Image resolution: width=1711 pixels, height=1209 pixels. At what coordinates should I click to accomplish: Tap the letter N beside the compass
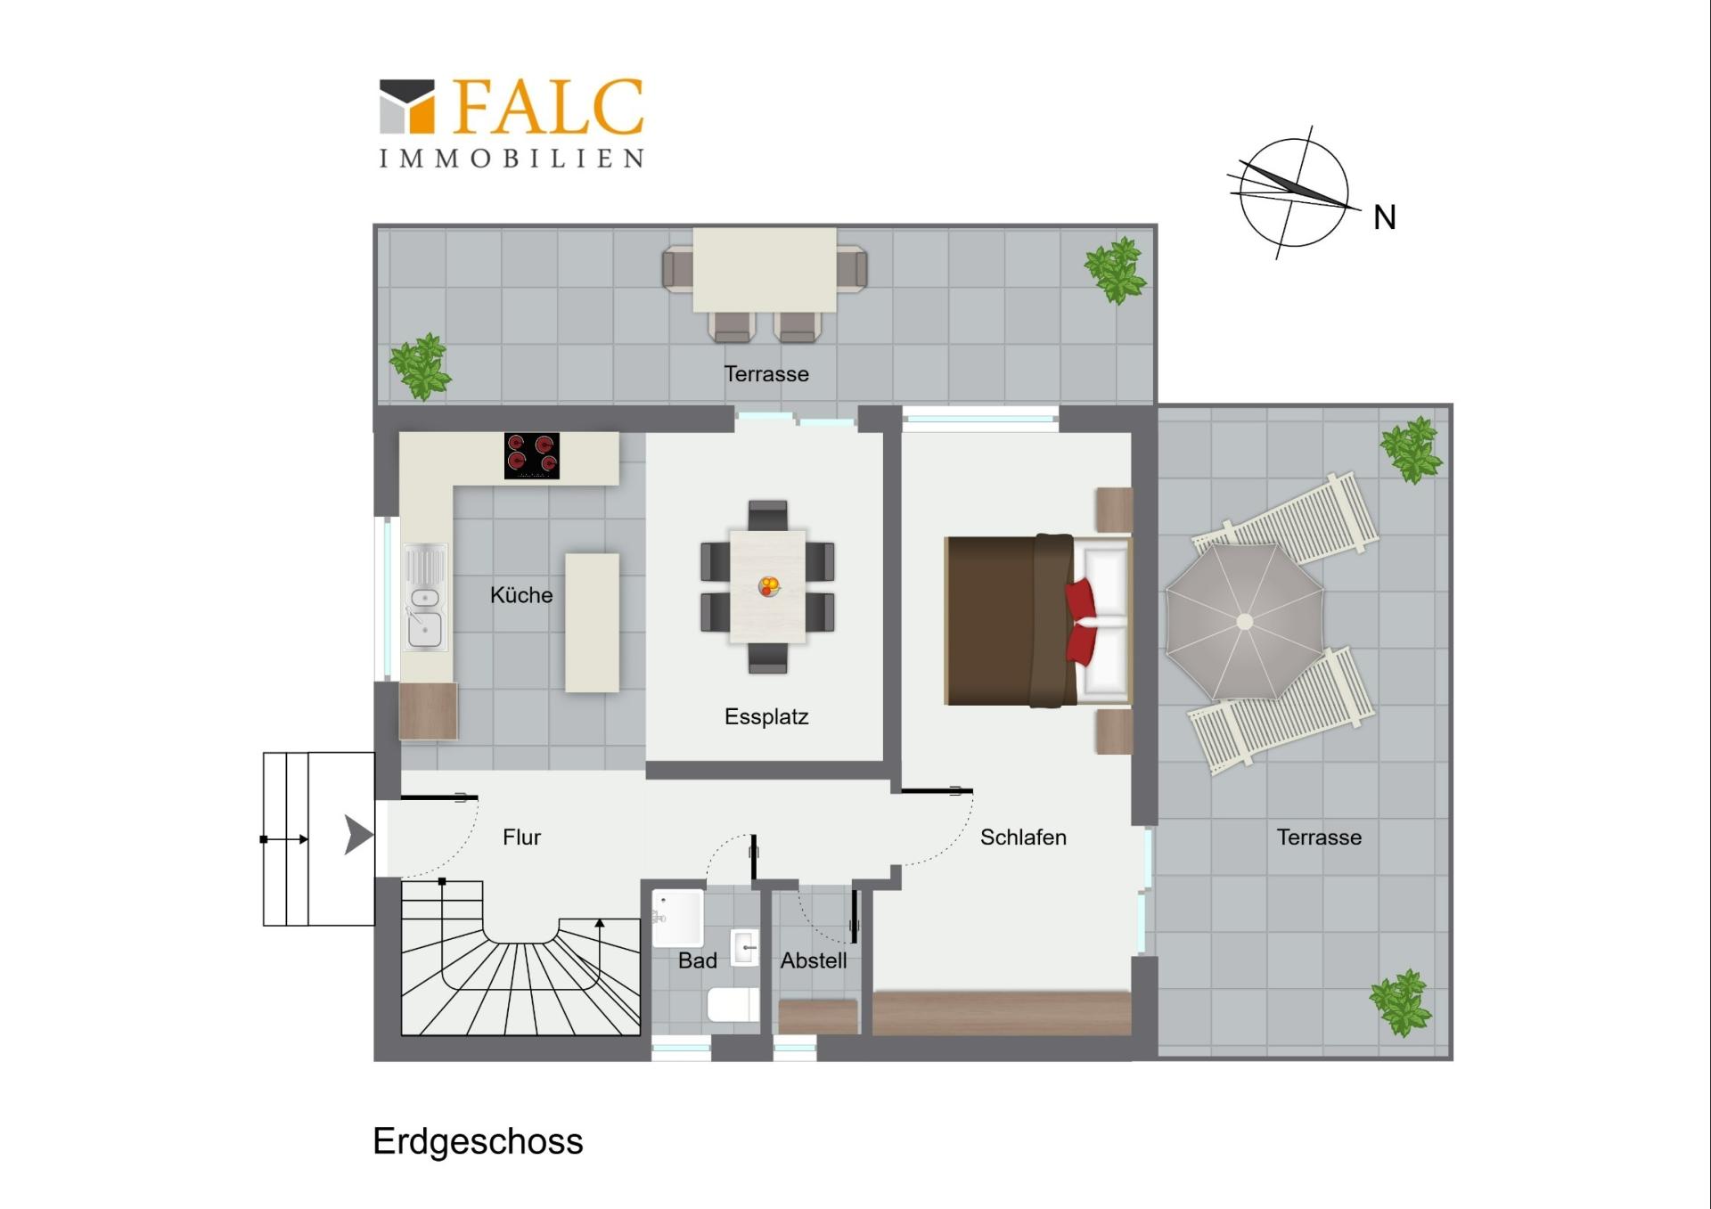[1384, 217]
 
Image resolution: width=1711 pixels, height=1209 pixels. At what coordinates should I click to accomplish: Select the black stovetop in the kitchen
[532, 455]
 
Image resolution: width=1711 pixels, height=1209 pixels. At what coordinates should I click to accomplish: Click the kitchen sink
[425, 597]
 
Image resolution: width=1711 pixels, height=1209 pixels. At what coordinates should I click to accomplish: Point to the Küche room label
[521, 595]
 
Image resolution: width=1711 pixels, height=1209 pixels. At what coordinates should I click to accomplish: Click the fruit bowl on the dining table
[769, 586]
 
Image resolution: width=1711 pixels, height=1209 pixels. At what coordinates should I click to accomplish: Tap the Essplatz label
[766, 716]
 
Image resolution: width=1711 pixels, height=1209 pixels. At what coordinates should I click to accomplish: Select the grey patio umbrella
[1244, 621]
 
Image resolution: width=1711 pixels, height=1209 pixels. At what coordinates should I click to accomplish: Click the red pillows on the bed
[1081, 622]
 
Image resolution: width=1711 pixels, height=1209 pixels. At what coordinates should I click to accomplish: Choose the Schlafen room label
[1023, 837]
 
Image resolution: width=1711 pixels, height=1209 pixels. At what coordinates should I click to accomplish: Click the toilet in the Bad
[733, 1005]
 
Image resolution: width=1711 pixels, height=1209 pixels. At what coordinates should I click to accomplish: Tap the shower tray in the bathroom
[678, 918]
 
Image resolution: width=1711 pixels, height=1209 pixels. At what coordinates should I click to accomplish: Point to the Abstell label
[814, 960]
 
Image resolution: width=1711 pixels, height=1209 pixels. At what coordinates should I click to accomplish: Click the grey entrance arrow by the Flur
[358, 836]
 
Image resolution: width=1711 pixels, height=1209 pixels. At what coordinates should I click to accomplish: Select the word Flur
[521, 837]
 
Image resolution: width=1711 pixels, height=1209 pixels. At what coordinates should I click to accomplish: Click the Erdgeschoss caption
[478, 1142]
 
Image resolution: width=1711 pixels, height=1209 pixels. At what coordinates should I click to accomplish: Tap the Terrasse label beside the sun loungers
[1319, 837]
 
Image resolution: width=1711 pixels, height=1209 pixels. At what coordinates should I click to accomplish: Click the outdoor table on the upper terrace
[765, 269]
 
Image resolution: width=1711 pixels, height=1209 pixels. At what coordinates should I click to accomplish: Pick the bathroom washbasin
[745, 948]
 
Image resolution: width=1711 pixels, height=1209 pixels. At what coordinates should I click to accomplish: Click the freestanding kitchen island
[592, 623]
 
